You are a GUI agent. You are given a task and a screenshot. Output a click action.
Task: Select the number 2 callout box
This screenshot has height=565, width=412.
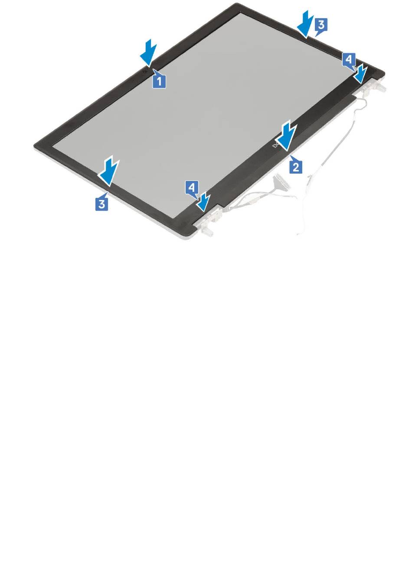point(295,167)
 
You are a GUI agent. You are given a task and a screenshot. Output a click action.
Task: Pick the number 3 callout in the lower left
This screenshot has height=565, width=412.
point(102,203)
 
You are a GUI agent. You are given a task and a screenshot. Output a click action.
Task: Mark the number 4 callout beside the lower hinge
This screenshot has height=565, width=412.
point(192,188)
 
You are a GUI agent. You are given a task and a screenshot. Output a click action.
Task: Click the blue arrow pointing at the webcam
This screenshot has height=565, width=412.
point(148,53)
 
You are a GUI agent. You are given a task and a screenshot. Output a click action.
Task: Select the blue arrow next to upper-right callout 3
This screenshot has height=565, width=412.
point(306,25)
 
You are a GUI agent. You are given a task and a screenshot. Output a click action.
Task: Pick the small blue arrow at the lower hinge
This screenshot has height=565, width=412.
point(205,201)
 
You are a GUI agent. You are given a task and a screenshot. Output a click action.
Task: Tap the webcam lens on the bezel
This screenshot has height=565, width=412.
point(145,71)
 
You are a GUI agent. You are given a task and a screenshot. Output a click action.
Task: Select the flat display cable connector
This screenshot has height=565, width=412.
point(281,181)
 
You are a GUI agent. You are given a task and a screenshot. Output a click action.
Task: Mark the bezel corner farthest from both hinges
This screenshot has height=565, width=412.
point(35,145)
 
